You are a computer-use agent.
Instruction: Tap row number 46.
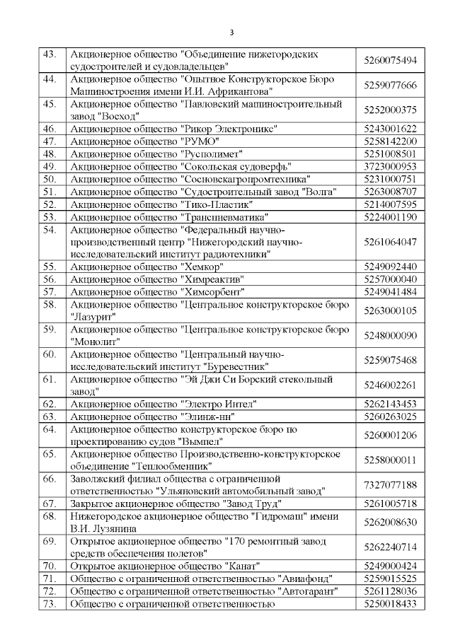pyautogui.click(x=50, y=129)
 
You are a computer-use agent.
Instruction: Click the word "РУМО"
pyautogui.click(x=200, y=141)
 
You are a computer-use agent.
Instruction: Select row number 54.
pyautogui.click(x=50, y=230)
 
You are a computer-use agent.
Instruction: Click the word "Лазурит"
pyautogui.click(x=93, y=317)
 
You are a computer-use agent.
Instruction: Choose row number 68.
pyautogui.click(x=50, y=516)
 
